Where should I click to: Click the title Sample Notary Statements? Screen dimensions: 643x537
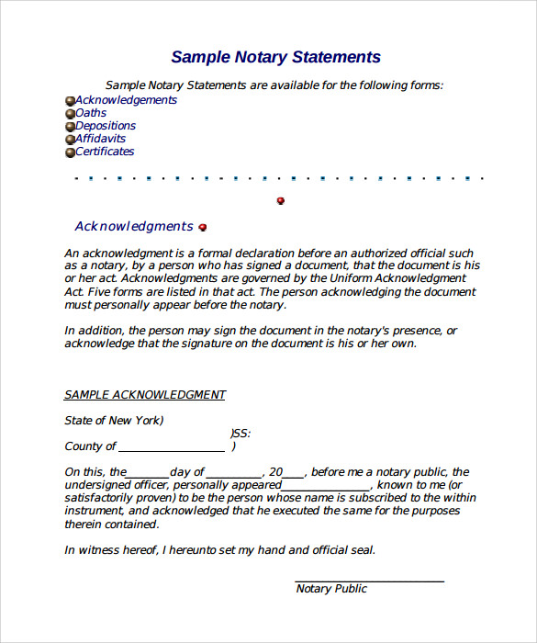coord(275,57)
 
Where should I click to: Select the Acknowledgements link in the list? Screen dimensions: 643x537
coord(126,100)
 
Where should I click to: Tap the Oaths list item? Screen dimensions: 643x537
coord(91,113)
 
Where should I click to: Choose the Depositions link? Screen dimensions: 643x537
coord(106,126)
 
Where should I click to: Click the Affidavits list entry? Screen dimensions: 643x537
coord(101,139)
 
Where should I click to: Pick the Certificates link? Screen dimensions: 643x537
coord(105,152)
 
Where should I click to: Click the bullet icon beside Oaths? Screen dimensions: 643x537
coord(70,114)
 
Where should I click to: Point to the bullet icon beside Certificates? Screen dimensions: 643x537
coord(70,152)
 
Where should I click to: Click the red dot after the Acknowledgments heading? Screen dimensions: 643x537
coord(203,227)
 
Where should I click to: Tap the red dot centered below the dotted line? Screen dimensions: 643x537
coord(281,200)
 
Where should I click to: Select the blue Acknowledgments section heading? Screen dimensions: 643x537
coord(134,227)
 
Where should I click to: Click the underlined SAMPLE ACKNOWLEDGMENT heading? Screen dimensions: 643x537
coord(145,395)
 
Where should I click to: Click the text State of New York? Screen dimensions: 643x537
coord(114,421)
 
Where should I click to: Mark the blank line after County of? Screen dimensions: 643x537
coord(172,448)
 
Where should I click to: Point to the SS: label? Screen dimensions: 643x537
coord(241,434)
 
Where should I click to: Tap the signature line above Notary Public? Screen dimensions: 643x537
coord(369,580)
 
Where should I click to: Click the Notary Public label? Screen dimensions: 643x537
coord(331,589)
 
